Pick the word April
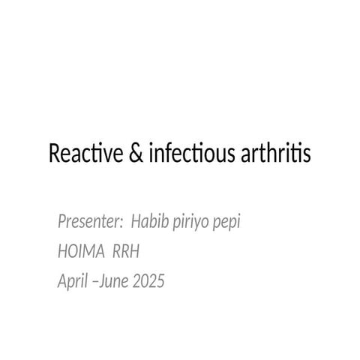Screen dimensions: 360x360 click(73, 283)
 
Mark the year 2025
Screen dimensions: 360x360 click(149, 283)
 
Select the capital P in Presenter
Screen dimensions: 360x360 click(62, 223)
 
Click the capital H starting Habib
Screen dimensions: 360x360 click(136, 223)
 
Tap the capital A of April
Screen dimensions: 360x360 click(62, 282)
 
